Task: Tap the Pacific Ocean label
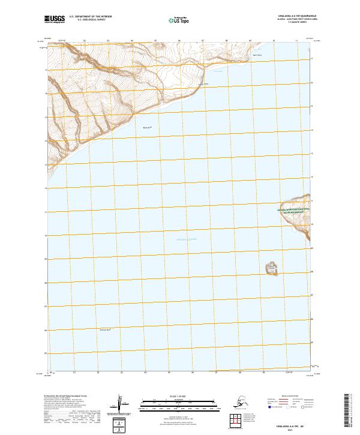click(x=178, y=240)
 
